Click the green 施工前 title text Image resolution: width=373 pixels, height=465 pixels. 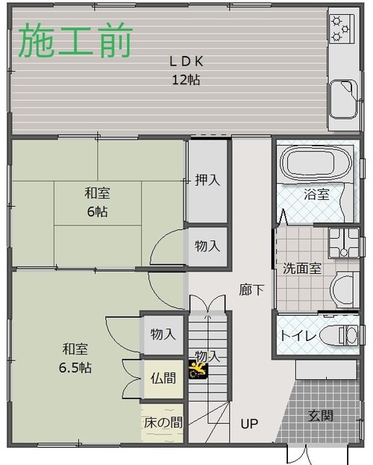[x=75, y=40]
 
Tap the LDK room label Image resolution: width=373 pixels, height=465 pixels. [x=186, y=62]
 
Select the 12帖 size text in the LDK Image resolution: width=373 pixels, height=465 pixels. [x=186, y=79]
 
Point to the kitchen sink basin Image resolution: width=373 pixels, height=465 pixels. [x=343, y=99]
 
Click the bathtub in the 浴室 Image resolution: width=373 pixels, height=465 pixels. [x=316, y=163]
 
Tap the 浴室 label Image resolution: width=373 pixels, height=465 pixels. [x=316, y=195]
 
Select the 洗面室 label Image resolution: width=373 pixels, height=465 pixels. [x=302, y=269]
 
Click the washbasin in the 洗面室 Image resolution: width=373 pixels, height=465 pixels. [x=343, y=290]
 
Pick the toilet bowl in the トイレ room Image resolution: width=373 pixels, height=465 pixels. [x=339, y=335]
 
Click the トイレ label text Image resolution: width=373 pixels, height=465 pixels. [x=298, y=336]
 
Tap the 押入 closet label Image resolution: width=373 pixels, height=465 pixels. [x=207, y=180]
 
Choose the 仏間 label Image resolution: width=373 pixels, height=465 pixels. [x=163, y=378]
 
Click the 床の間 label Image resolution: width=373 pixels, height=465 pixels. [x=163, y=422]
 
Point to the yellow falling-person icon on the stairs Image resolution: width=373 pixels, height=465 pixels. [x=198, y=369]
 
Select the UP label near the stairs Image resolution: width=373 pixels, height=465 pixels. [x=249, y=424]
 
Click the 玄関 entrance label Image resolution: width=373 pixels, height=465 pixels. [x=321, y=416]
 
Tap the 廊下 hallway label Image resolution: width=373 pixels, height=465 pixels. [x=251, y=290]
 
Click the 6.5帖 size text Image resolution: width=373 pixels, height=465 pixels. [x=75, y=368]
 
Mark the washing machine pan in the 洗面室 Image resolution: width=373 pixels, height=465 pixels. [x=343, y=243]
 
